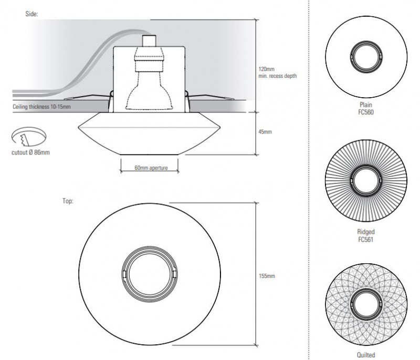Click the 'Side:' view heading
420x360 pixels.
pos(31,13)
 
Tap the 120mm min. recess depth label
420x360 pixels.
pos(277,73)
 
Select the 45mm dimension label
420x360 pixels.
pos(266,132)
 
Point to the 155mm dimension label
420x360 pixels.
pos(267,275)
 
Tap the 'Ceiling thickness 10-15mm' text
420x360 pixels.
pos(41,107)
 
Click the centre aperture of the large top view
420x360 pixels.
pos(150,274)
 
